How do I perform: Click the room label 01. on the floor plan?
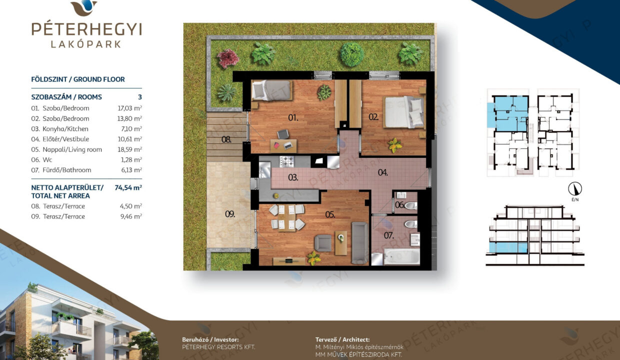(293, 118)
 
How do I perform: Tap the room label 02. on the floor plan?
(373, 117)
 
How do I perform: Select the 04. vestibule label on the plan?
(383, 172)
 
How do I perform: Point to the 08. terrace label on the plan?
(226, 139)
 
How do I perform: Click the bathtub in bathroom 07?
(401, 256)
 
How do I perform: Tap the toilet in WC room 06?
(410, 205)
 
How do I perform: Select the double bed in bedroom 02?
(404, 112)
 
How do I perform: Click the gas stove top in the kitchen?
(287, 161)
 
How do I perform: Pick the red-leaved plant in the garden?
(227, 58)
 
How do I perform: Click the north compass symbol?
(575, 189)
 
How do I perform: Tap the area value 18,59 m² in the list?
(130, 149)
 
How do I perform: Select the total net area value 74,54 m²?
(128, 187)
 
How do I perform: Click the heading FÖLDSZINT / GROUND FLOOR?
(78, 79)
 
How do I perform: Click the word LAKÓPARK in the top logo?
(86, 44)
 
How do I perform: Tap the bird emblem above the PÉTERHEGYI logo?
(84, 7)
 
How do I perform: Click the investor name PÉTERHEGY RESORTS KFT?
(218, 347)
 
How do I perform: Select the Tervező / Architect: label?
(342, 339)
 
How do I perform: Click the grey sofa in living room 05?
(359, 242)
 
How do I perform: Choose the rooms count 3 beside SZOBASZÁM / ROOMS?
(140, 97)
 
